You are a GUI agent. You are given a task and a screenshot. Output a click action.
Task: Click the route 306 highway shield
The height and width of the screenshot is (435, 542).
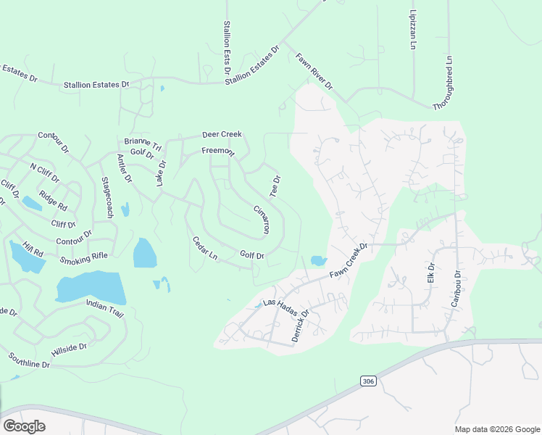tap(367, 381)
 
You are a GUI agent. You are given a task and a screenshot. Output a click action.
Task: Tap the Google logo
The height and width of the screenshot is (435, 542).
tap(24, 426)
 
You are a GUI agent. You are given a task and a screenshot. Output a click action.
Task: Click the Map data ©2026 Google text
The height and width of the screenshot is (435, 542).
tap(497, 429)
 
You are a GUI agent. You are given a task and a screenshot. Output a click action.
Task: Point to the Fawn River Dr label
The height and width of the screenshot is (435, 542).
tap(314, 71)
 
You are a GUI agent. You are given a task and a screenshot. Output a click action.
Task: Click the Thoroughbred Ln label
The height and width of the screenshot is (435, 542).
tap(443, 83)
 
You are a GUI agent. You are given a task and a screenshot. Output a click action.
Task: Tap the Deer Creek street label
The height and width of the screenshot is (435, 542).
tap(222, 134)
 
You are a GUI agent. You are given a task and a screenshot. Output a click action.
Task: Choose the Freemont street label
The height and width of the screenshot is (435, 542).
tap(218, 152)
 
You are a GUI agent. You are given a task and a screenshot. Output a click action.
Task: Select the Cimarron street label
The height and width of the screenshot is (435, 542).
tap(262, 217)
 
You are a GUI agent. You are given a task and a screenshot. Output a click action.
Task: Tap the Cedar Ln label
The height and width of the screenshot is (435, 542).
tap(205, 248)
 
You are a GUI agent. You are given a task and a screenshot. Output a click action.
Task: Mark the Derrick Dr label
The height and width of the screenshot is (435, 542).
tap(300, 326)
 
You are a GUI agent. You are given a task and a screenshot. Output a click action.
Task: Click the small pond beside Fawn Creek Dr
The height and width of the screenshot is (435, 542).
tap(317, 260)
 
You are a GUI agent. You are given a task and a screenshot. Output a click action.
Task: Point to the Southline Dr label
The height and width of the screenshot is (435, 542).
tap(29, 360)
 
